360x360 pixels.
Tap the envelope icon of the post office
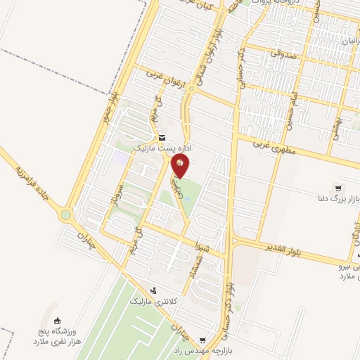(x=162, y=138)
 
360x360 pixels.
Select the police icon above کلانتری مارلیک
(x=153, y=290)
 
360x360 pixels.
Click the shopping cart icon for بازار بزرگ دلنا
(x=339, y=188)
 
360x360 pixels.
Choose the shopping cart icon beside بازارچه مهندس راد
(x=203, y=339)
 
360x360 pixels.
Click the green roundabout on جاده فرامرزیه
(x=67, y=215)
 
